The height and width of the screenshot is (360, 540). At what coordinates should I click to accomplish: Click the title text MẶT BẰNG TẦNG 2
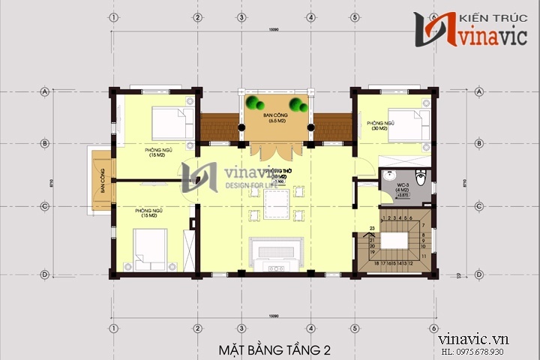274,349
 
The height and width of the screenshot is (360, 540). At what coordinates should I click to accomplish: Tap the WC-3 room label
402,185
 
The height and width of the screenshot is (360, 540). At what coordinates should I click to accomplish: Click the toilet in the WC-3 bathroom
422,180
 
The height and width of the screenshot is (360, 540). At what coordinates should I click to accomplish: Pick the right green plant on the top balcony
299,105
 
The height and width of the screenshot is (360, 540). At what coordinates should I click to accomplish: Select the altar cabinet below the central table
276,251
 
